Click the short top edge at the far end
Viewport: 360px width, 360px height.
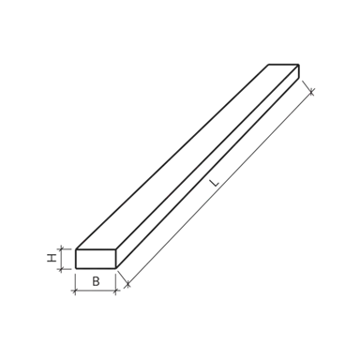[282, 64]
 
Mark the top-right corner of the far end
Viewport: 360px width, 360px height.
[298, 65]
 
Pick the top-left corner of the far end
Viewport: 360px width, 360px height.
[267, 64]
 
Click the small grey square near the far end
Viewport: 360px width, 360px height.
[275, 137]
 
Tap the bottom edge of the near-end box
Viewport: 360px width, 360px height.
[93, 292]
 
